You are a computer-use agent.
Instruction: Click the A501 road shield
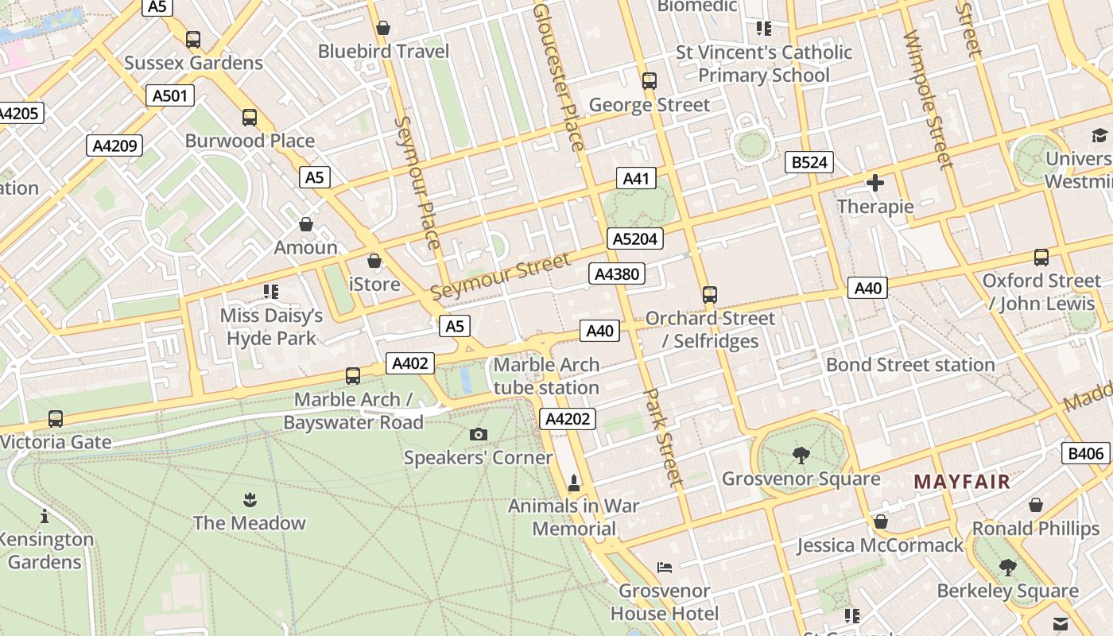click(170, 96)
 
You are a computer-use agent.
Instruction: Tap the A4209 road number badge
click(114, 145)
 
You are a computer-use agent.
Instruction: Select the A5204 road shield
click(635, 238)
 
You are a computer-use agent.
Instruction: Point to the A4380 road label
click(616, 274)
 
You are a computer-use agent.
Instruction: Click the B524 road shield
click(809, 162)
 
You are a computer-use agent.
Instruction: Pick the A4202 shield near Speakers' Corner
click(568, 418)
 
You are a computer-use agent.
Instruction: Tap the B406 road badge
click(1086, 453)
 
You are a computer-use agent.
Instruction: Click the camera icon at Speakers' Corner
click(478, 434)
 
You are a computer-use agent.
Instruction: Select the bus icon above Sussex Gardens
click(193, 39)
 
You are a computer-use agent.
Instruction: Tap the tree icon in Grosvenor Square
click(801, 455)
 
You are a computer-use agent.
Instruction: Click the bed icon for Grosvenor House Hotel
click(665, 568)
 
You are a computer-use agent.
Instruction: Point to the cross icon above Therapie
click(875, 183)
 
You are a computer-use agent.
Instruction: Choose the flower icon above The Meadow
click(250, 499)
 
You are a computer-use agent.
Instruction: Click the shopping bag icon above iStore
click(374, 261)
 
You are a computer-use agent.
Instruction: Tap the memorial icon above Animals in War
click(574, 483)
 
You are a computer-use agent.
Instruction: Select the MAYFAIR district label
click(962, 481)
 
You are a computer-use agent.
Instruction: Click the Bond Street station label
click(910, 365)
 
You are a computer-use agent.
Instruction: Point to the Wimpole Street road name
click(928, 99)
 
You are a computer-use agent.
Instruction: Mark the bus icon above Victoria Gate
click(56, 418)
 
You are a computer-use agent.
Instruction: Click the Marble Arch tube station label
click(546, 376)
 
